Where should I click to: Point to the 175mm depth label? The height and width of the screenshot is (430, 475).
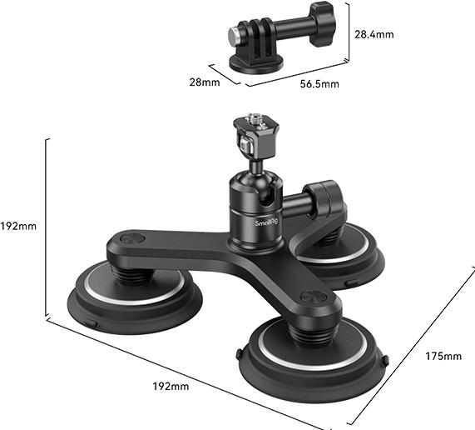441,357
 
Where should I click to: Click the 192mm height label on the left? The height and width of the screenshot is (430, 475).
18,226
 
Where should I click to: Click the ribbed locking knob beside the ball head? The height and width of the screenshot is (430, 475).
329,199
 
